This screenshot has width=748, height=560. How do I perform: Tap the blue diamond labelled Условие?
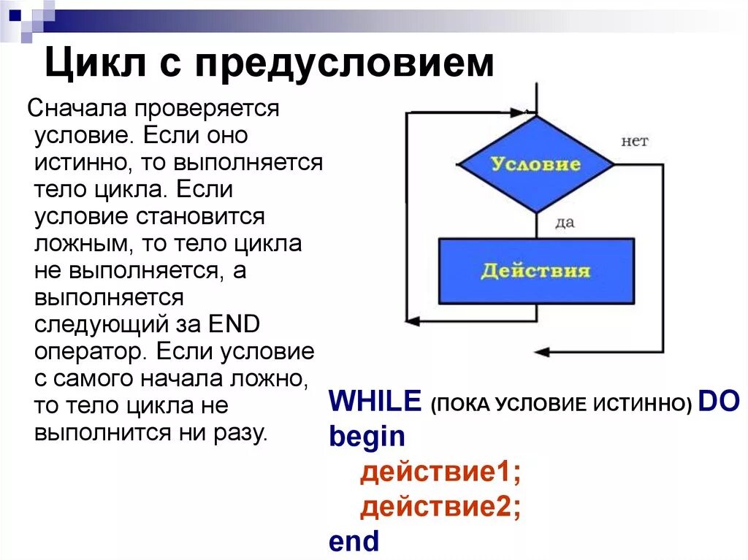tap(536, 164)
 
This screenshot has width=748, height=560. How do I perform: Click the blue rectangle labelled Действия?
tap(536, 271)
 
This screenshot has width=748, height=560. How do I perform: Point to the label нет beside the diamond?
tap(634, 141)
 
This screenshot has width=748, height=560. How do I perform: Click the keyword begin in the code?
tap(367, 437)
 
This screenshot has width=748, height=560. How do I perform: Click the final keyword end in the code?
tap(354, 541)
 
